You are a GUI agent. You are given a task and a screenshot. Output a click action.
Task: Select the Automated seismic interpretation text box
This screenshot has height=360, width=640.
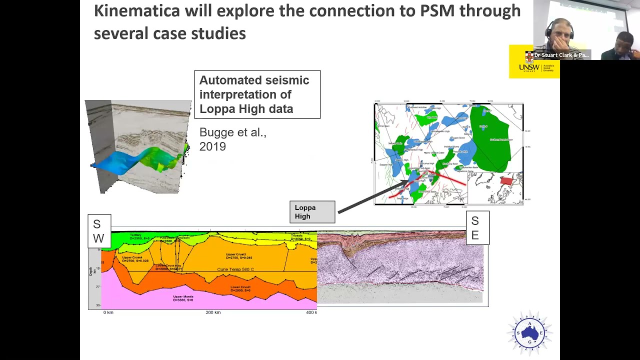pyautogui.click(x=257, y=94)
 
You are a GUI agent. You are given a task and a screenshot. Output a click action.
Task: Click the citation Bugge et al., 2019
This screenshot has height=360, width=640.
pyautogui.click(x=232, y=139)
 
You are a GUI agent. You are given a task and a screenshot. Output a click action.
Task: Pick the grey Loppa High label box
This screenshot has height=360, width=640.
pyautogui.click(x=312, y=212)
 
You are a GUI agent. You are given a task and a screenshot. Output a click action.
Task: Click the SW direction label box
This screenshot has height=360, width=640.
pyautogui.click(x=99, y=231)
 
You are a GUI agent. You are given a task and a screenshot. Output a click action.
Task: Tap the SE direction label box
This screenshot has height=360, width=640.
pyautogui.click(x=477, y=228)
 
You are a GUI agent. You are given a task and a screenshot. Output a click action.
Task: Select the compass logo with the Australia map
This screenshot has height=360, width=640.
pyautogui.click(x=529, y=332)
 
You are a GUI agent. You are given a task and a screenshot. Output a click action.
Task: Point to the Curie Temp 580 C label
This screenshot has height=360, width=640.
pyautogui.click(x=235, y=269)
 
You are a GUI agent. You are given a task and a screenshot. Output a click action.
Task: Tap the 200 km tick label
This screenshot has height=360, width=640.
pyautogui.click(x=213, y=312)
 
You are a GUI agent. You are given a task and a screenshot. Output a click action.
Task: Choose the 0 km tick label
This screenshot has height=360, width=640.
pyautogui.click(x=108, y=312)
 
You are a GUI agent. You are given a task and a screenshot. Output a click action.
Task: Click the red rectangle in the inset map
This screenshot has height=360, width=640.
pyautogui.click(x=506, y=180)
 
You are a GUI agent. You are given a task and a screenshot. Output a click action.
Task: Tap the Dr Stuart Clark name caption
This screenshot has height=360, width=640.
pyautogui.click(x=561, y=55)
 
